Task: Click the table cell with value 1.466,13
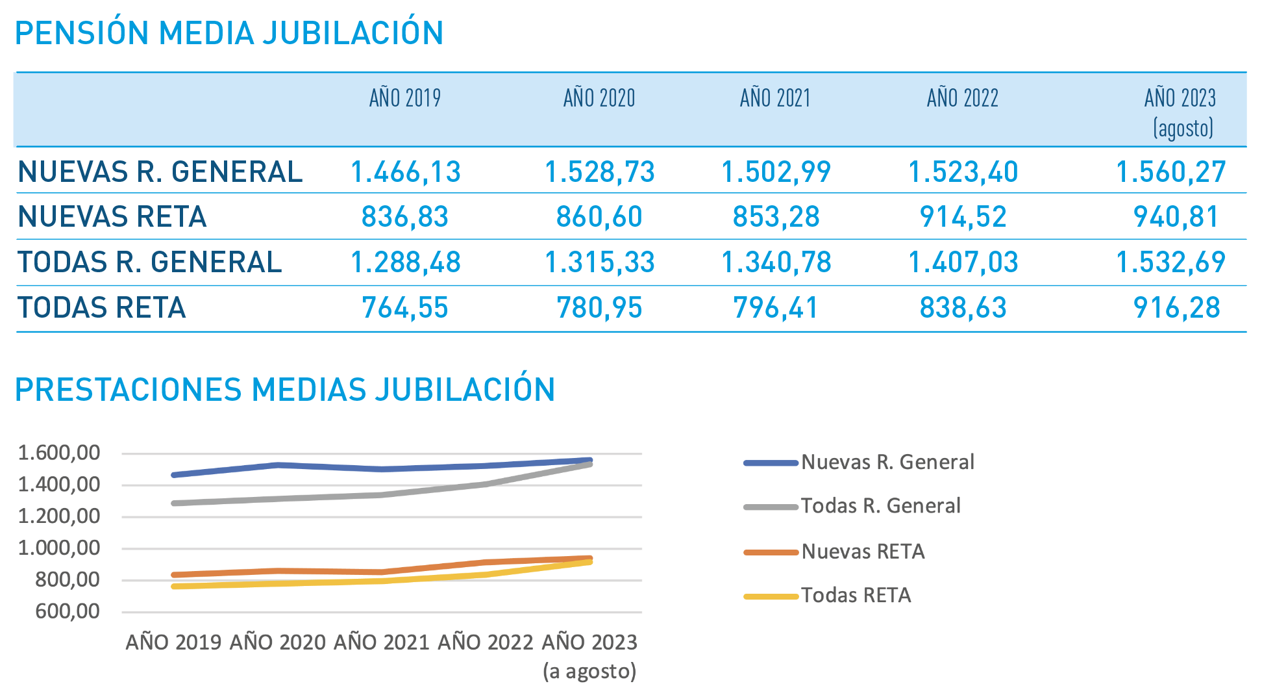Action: coord(405,172)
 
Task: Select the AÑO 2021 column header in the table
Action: coord(775,99)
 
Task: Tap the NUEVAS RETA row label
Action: coord(112,217)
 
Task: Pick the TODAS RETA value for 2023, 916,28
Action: coord(1176,308)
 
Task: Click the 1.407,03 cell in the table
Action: coord(963,262)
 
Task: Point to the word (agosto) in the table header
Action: coord(1183,128)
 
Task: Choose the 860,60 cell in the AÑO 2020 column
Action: coord(599,217)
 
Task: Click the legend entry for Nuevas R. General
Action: coord(887,462)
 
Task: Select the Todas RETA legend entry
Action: coord(856,595)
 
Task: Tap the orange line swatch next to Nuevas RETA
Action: coord(771,552)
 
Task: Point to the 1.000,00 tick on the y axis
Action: coord(59,548)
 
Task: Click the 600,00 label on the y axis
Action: coord(68,611)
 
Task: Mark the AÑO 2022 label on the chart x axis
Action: coord(485,642)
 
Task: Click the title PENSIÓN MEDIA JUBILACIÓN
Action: coord(229,33)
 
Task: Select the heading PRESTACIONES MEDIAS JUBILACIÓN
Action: coord(284,390)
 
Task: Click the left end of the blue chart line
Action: coord(174,475)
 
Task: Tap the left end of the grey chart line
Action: coord(174,503)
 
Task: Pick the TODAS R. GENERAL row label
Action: coord(150,262)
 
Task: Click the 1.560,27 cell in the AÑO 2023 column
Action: coord(1170,172)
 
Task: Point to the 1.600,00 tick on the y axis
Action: coord(59,453)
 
